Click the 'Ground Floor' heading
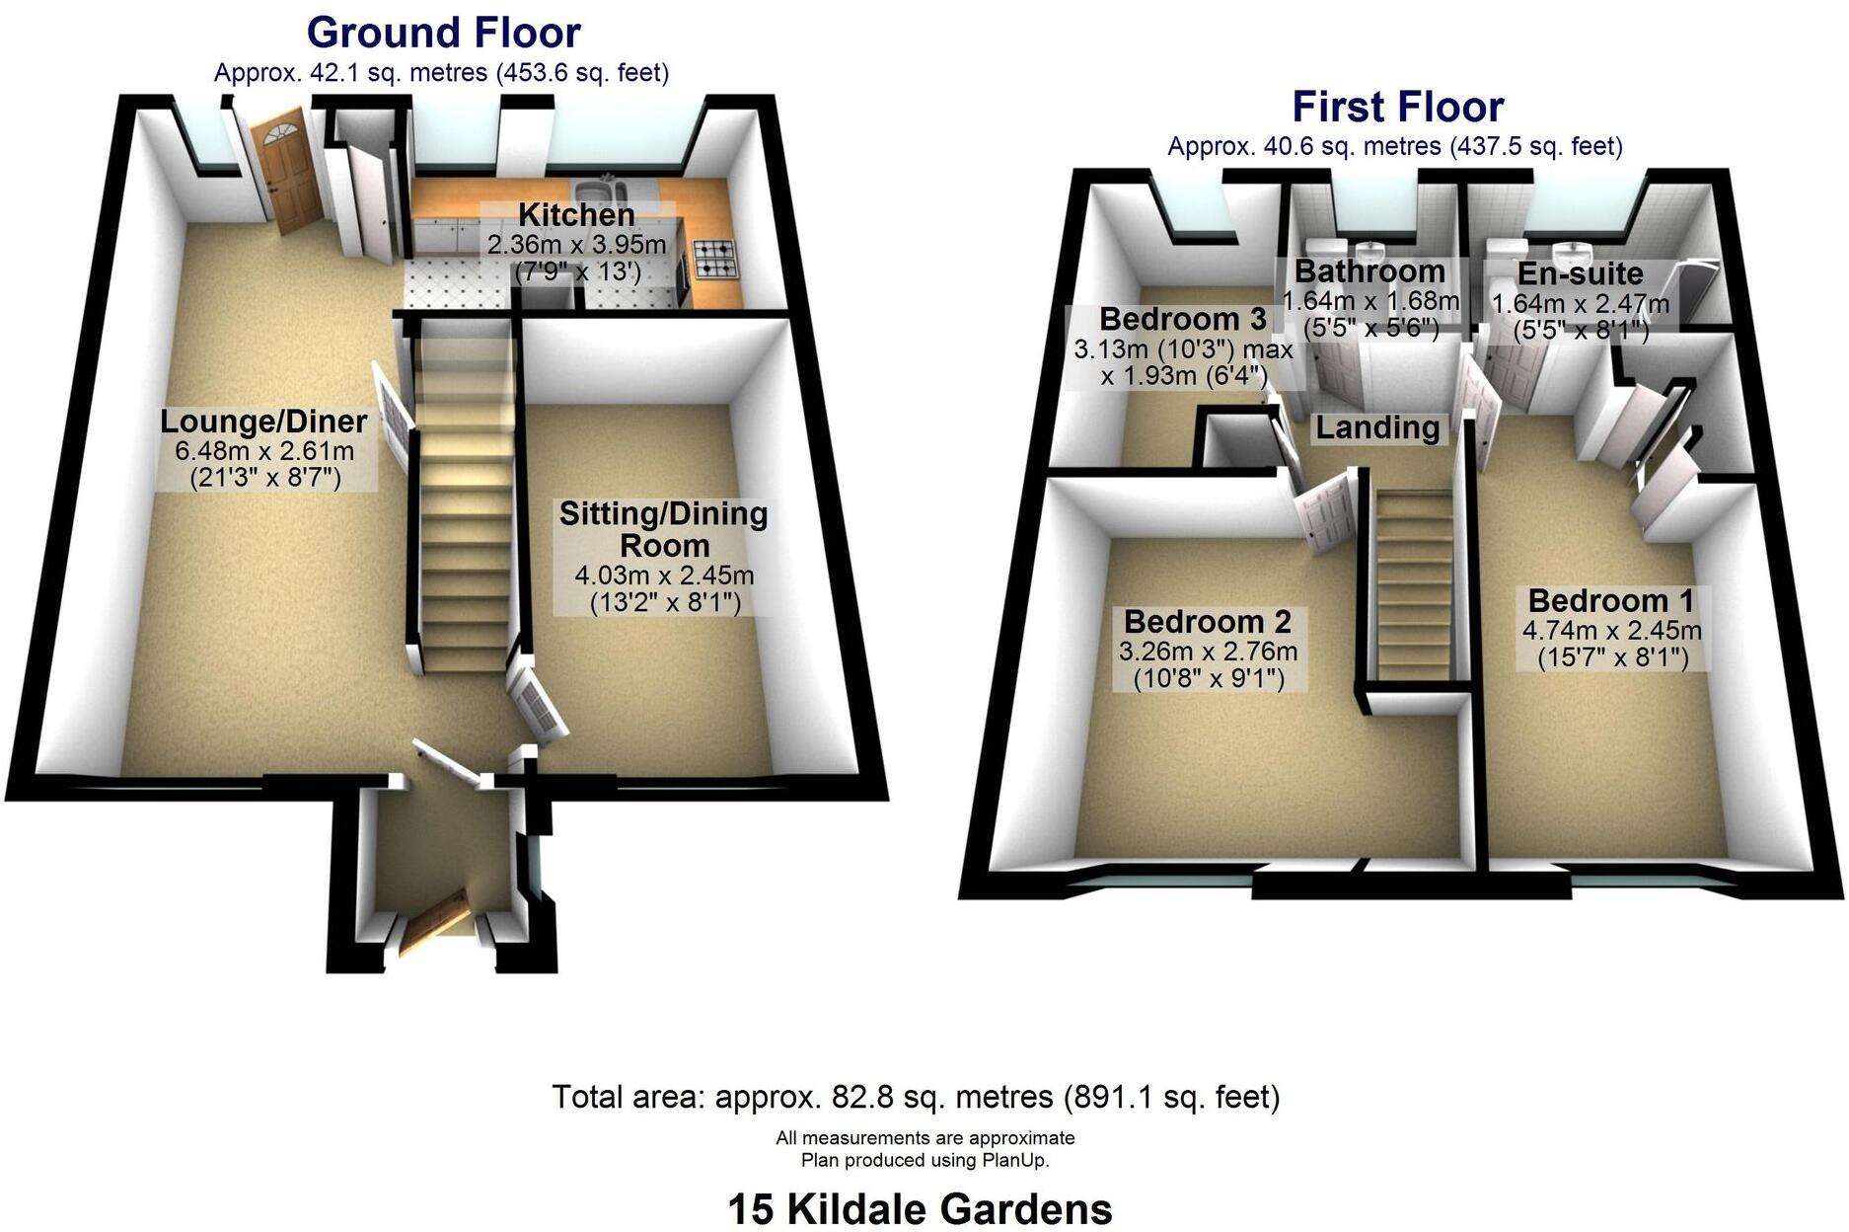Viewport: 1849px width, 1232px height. (443, 34)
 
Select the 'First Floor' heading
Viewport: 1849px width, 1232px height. (1397, 107)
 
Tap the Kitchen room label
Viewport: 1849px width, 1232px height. (576, 215)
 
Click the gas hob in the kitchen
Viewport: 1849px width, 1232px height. (715, 260)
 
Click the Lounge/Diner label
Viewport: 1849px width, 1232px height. (263, 423)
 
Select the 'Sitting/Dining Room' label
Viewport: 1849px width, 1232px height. (663, 529)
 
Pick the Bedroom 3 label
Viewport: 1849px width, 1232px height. (1182, 320)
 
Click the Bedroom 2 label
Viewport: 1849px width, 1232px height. (1207, 622)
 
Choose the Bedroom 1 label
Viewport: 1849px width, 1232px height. (1610, 601)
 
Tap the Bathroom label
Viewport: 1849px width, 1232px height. (1369, 271)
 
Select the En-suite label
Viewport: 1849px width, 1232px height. (1580, 274)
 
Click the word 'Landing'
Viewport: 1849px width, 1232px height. (1377, 427)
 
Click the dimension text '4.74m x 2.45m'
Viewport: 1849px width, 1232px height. (1612, 631)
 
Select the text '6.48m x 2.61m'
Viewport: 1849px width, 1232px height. (264, 452)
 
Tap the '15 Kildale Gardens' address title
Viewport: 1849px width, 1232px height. (920, 1209)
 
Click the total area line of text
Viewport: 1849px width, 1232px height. (916, 1097)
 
